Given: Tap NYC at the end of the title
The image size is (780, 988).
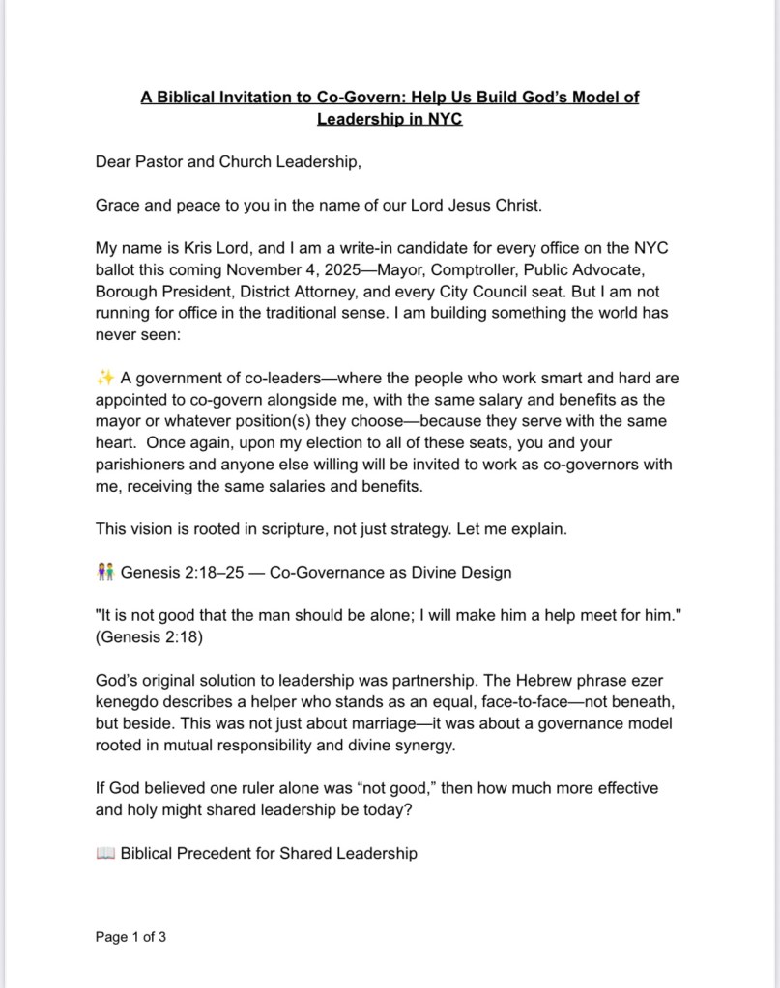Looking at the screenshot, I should click(x=443, y=119).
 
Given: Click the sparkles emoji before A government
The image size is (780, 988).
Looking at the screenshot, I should click(x=105, y=379).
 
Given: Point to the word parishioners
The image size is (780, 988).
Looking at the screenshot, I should click(x=138, y=465).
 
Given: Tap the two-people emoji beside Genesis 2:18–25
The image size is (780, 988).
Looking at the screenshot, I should click(x=105, y=572).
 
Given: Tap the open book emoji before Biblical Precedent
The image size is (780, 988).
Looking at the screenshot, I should click(x=105, y=853).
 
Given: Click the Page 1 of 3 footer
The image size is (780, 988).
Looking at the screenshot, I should click(x=130, y=936).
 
